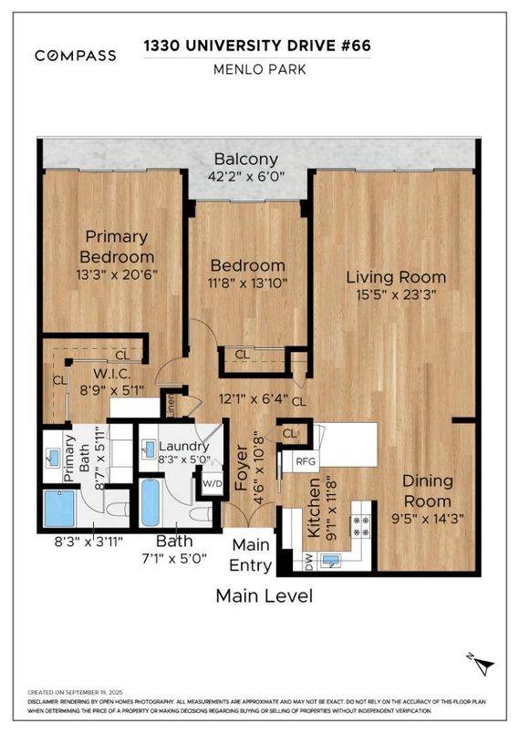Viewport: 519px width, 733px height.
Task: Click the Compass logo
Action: tap(75, 56)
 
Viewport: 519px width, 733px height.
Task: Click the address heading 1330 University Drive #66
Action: tap(259, 46)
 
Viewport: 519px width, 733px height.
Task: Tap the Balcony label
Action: tap(246, 160)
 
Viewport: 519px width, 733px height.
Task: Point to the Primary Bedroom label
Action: tap(116, 246)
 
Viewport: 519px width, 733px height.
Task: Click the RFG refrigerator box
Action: tap(305, 461)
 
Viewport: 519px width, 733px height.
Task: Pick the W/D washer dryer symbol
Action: tap(212, 484)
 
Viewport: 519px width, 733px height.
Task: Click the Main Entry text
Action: tap(250, 555)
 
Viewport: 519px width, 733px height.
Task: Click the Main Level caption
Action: tap(264, 596)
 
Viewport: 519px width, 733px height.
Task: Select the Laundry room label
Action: tap(184, 446)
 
